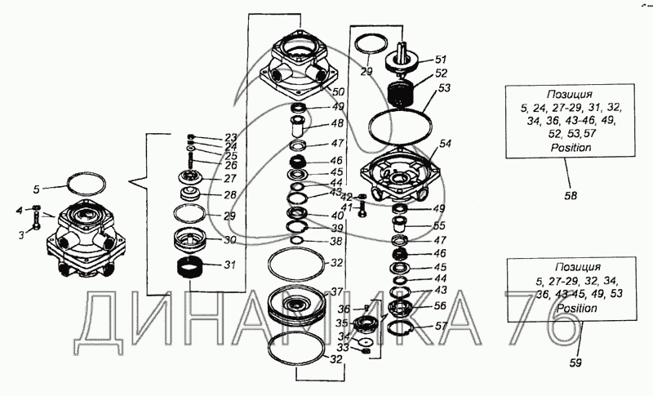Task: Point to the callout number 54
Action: [445, 144]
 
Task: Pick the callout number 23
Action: [231, 137]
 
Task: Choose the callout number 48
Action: [337, 124]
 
